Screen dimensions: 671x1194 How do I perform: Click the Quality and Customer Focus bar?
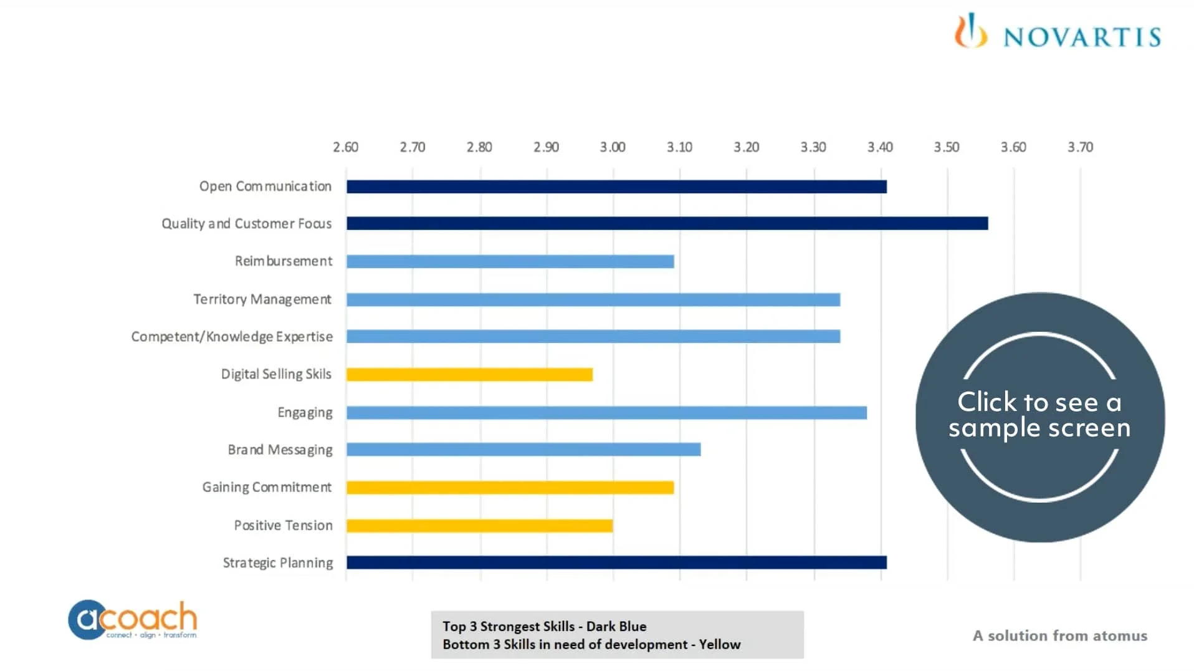coord(667,223)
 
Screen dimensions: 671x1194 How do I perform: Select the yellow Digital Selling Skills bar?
coord(469,374)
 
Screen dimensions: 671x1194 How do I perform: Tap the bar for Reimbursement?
coord(510,261)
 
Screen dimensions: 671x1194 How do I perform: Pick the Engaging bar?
coord(606,412)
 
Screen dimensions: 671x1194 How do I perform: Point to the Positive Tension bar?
coord(479,526)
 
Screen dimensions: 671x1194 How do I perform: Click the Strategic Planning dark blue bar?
coord(616,562)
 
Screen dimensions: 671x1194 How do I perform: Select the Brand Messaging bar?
coord(523,450)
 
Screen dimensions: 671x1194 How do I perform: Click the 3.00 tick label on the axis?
coord(613,147)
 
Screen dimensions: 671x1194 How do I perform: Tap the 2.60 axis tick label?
coord(345,147)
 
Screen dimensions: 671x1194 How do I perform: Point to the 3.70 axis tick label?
coord(1080,147)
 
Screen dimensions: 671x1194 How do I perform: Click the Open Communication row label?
coord(265,186)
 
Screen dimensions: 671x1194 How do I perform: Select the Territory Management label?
coord(262,299)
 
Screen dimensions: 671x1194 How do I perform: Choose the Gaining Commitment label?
coord(267,487)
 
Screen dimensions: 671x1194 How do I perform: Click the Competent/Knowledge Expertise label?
coord(232,337)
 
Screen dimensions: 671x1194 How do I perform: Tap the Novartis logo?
coord(1058,32)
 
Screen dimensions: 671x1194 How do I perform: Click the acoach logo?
coord(133,619)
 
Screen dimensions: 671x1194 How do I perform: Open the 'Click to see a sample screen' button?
coord(1039,417)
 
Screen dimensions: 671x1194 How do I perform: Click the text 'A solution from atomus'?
coord(1059,635)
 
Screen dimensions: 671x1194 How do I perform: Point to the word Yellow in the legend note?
coord(720,644)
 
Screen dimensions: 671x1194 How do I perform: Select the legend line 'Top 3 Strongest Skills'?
coord(544,626)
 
